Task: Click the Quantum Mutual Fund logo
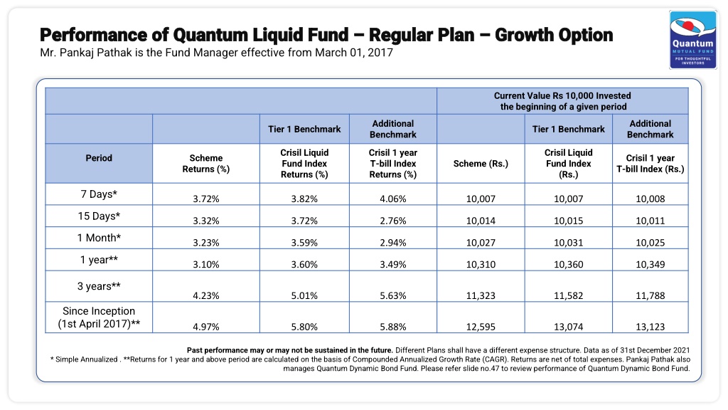point(692,40)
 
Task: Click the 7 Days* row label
point(99,194)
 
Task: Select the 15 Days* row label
point(99,216)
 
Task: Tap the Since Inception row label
point(99,317)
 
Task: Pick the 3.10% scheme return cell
point(206,265)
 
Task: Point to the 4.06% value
point(392,199)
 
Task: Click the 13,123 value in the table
point(650,327)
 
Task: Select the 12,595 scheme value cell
point(481,327)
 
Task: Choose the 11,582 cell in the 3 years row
point(568,295)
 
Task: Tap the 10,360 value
point(568,265)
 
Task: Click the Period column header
point(99,158)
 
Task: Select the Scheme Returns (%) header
point(206,164)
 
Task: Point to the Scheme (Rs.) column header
point(481,164)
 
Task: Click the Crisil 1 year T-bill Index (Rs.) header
point(650,164)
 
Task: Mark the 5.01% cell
point(304,295)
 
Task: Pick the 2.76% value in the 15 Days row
point(392,221)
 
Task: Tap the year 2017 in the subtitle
point(380,53)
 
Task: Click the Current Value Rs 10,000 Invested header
point(562,96)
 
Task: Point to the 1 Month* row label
point(99,238)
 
